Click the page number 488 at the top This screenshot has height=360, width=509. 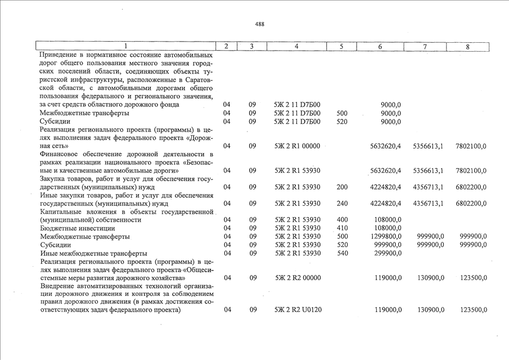click(x=259, y=24)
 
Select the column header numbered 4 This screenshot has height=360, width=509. click(x=296, y=46)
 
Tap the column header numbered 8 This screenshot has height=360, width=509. click(x=467, y=46)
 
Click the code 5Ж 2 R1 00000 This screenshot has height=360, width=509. click(x=296, y=146)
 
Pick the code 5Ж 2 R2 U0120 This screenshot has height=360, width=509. click(x=296, y=310)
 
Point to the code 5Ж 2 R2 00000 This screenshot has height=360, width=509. click(x=296, y=278)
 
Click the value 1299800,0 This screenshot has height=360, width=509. click(x=386, y=236)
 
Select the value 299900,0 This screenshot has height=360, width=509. click(x=388, y=253)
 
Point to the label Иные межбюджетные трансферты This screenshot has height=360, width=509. click(x=94, y=253)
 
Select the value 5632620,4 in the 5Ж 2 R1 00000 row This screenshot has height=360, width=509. click(x=386, y=146)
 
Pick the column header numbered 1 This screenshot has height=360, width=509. click(x=126, y=46)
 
